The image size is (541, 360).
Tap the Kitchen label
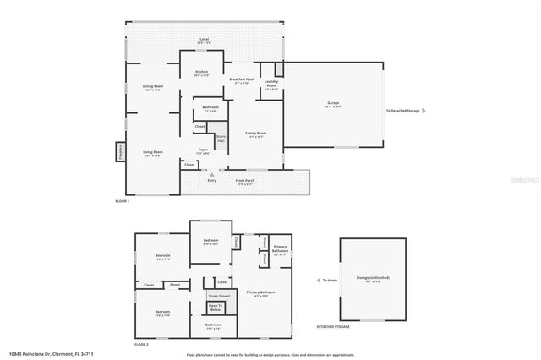point(202,74)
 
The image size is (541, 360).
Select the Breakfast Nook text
point(242,81)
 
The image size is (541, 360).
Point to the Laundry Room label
point(271,85)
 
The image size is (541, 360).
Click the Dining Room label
point(152,88)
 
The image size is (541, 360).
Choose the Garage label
point(333,105)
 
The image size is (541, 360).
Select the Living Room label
point(152,153)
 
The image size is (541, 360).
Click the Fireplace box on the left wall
point(119,152)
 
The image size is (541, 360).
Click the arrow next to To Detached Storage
point(424,111)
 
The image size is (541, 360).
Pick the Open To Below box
point(227,308)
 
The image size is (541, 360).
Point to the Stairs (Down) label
point(219,296)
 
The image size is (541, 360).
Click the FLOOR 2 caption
point(141,345)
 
